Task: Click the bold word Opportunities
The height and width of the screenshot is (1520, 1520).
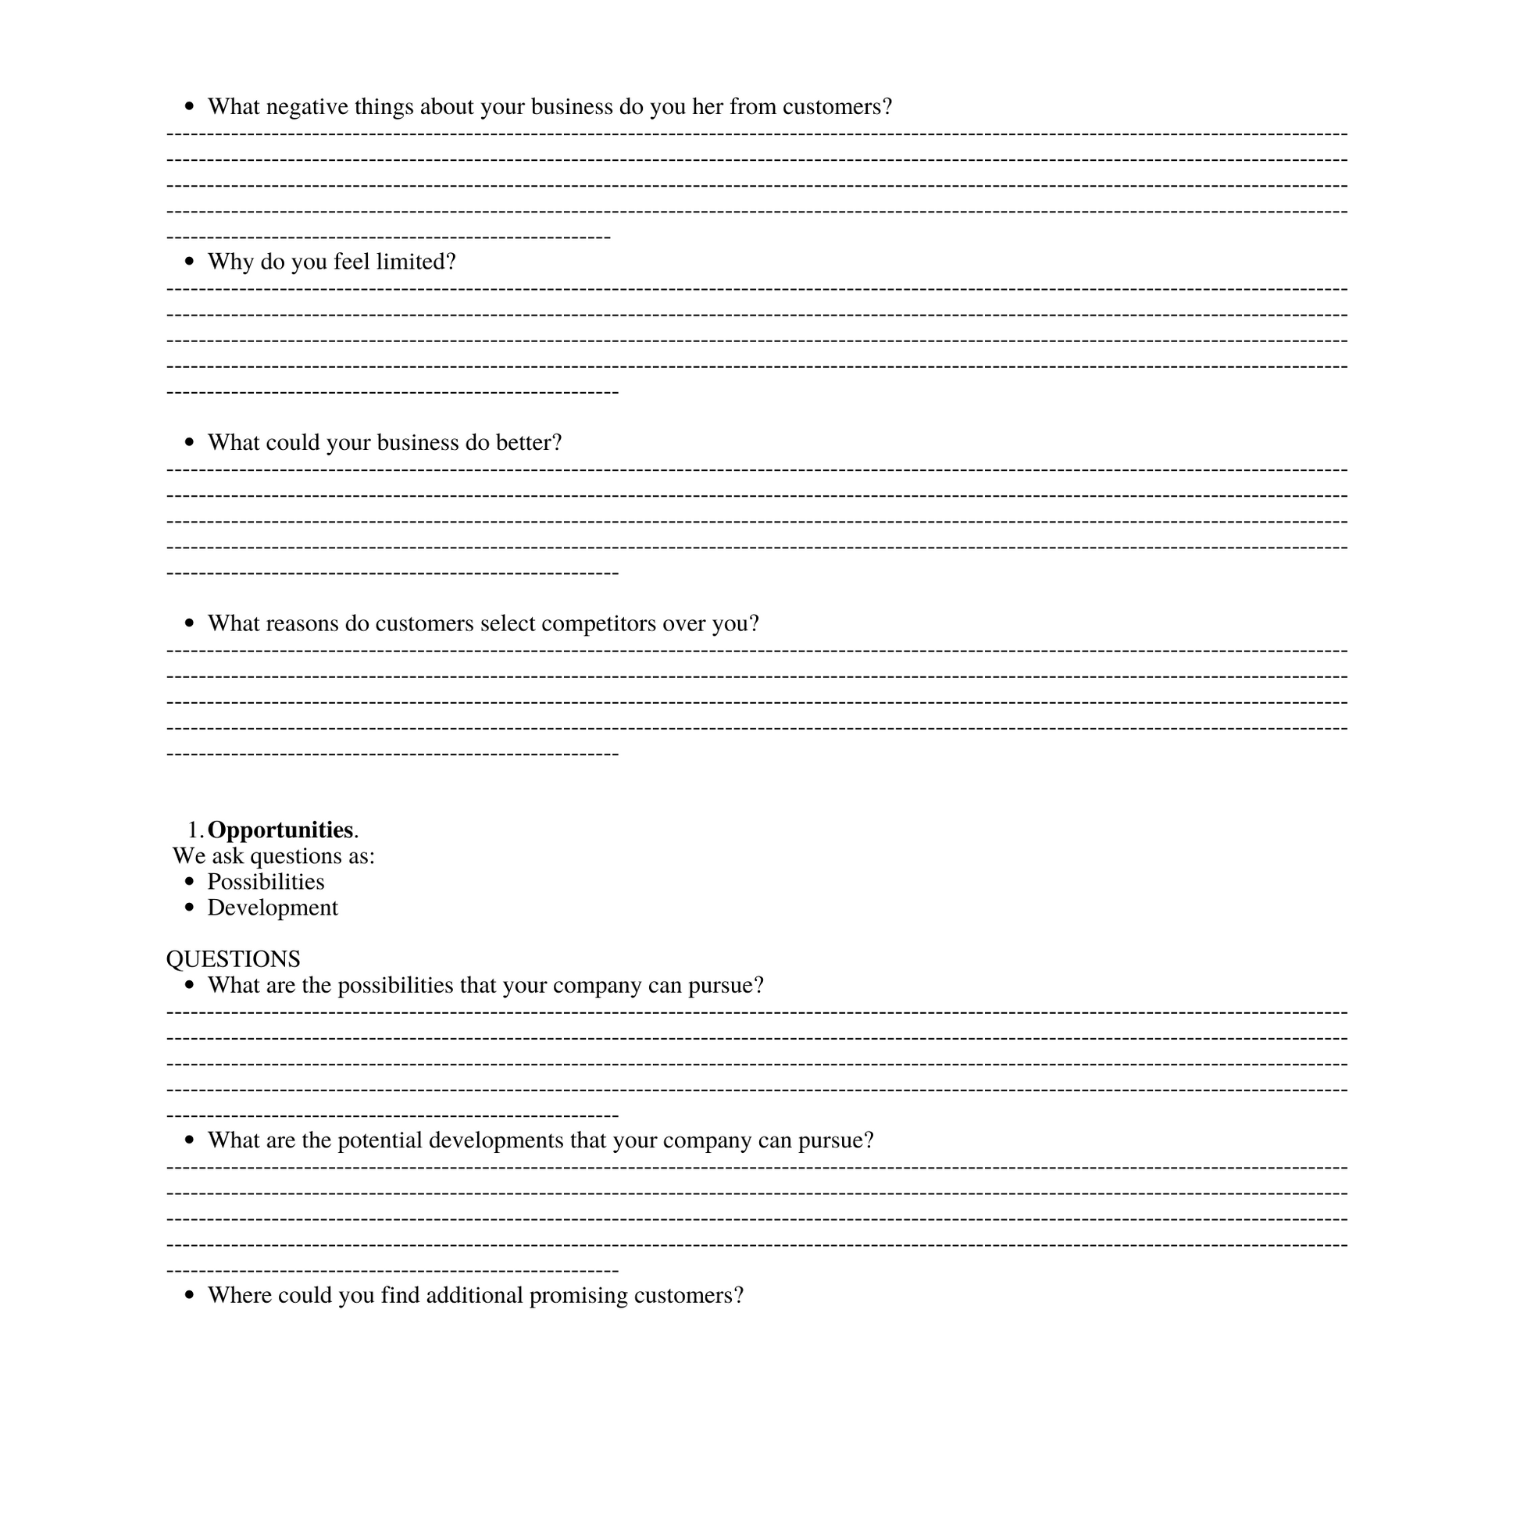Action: pos(280,830)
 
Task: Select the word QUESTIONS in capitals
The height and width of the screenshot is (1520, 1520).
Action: pos(233,959)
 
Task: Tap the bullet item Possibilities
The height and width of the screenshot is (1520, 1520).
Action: pos(266,882)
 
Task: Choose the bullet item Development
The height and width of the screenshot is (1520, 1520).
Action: pos(273,908)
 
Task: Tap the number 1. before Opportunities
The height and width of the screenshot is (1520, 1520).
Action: pos(195,831)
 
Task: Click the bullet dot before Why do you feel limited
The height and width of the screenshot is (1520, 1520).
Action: pos(189,262)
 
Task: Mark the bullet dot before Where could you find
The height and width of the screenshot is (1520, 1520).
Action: pos(189,1296)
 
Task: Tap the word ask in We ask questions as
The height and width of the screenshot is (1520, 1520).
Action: pos(227,856)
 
